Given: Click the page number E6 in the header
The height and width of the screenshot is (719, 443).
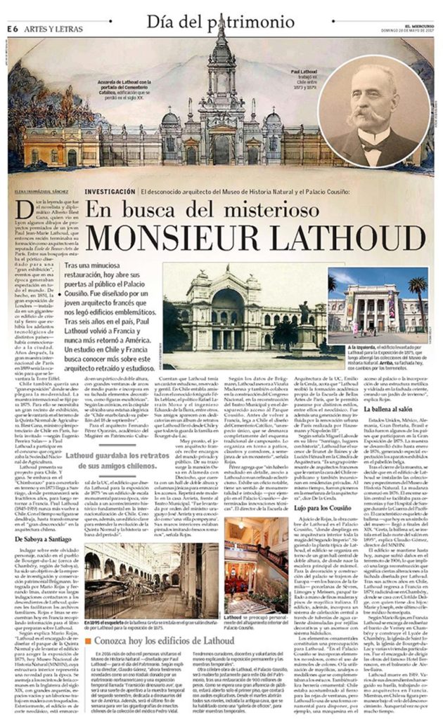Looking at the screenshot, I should [12, 28].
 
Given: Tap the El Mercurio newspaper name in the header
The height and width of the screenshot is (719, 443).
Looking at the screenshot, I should [413, 21].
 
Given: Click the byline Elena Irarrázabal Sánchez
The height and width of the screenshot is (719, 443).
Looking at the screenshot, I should [41, 191].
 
